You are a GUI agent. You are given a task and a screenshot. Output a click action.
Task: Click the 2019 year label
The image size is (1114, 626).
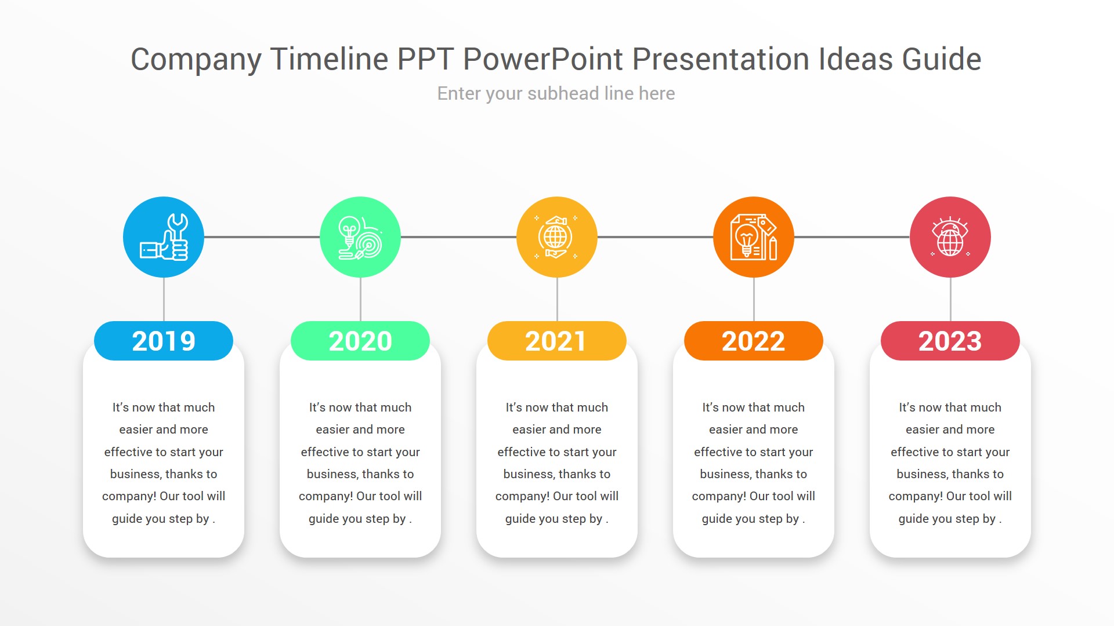click(164, 341)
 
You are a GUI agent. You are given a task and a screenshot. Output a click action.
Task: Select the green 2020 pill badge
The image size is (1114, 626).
click(360, 341)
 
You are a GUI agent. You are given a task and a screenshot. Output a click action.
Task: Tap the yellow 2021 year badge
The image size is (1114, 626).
click(556, 341)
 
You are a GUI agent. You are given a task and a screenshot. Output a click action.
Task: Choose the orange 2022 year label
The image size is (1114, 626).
click(753, 341)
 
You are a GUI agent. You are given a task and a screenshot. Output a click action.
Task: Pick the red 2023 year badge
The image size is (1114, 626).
click(950, 341)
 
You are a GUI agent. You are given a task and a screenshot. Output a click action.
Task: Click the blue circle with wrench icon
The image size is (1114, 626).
click(164, 237)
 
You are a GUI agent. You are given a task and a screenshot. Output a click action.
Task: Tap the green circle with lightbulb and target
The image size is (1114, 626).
click(360, 237)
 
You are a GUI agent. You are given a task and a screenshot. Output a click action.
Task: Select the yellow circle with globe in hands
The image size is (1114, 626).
click(556, 237)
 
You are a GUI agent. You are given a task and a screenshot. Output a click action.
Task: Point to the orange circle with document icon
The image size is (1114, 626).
click(753, 237)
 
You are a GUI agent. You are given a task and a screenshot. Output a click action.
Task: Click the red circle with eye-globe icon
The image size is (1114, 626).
click(950, 237)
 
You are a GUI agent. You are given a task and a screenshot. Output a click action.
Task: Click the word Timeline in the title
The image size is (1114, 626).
click(329, 59)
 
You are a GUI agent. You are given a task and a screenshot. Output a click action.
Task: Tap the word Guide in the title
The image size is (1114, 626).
click(941, 59)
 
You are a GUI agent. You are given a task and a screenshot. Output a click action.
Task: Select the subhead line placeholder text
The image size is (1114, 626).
click(556, 93)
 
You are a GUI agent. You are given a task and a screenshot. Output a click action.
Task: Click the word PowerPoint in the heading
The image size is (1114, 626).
click(542, 59)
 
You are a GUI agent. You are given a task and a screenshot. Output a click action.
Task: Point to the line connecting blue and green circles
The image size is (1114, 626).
click(262, 237)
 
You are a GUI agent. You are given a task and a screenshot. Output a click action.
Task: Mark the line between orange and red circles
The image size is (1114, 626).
click(851, 237)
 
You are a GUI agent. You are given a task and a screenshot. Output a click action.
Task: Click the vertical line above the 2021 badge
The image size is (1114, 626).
click(557, 299)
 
